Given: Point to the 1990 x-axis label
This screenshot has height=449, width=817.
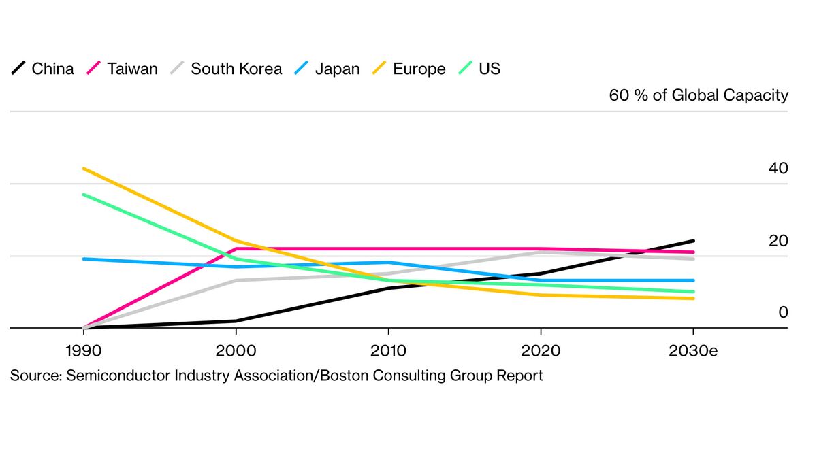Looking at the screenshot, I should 83,351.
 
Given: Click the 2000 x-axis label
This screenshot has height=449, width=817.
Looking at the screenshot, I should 236,351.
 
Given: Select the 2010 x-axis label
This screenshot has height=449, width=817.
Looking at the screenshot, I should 388,351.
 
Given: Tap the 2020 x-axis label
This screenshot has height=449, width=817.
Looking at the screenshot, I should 541,351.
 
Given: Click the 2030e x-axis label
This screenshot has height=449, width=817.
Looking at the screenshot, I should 693,351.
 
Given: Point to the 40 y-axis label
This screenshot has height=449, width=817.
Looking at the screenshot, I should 778,168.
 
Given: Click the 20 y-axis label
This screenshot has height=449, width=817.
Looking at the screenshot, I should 778,241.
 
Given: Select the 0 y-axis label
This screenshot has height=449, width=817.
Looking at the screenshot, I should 783,312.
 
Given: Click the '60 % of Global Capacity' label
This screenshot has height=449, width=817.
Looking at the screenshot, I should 699,95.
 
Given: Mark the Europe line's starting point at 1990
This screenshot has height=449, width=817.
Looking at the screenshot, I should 83,168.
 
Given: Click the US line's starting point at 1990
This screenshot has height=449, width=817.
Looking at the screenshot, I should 83,195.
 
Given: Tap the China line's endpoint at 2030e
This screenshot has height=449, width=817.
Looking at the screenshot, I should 693,241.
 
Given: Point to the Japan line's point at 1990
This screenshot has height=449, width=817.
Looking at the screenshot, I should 83,259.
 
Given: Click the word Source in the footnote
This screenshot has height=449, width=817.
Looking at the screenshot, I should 34,376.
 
